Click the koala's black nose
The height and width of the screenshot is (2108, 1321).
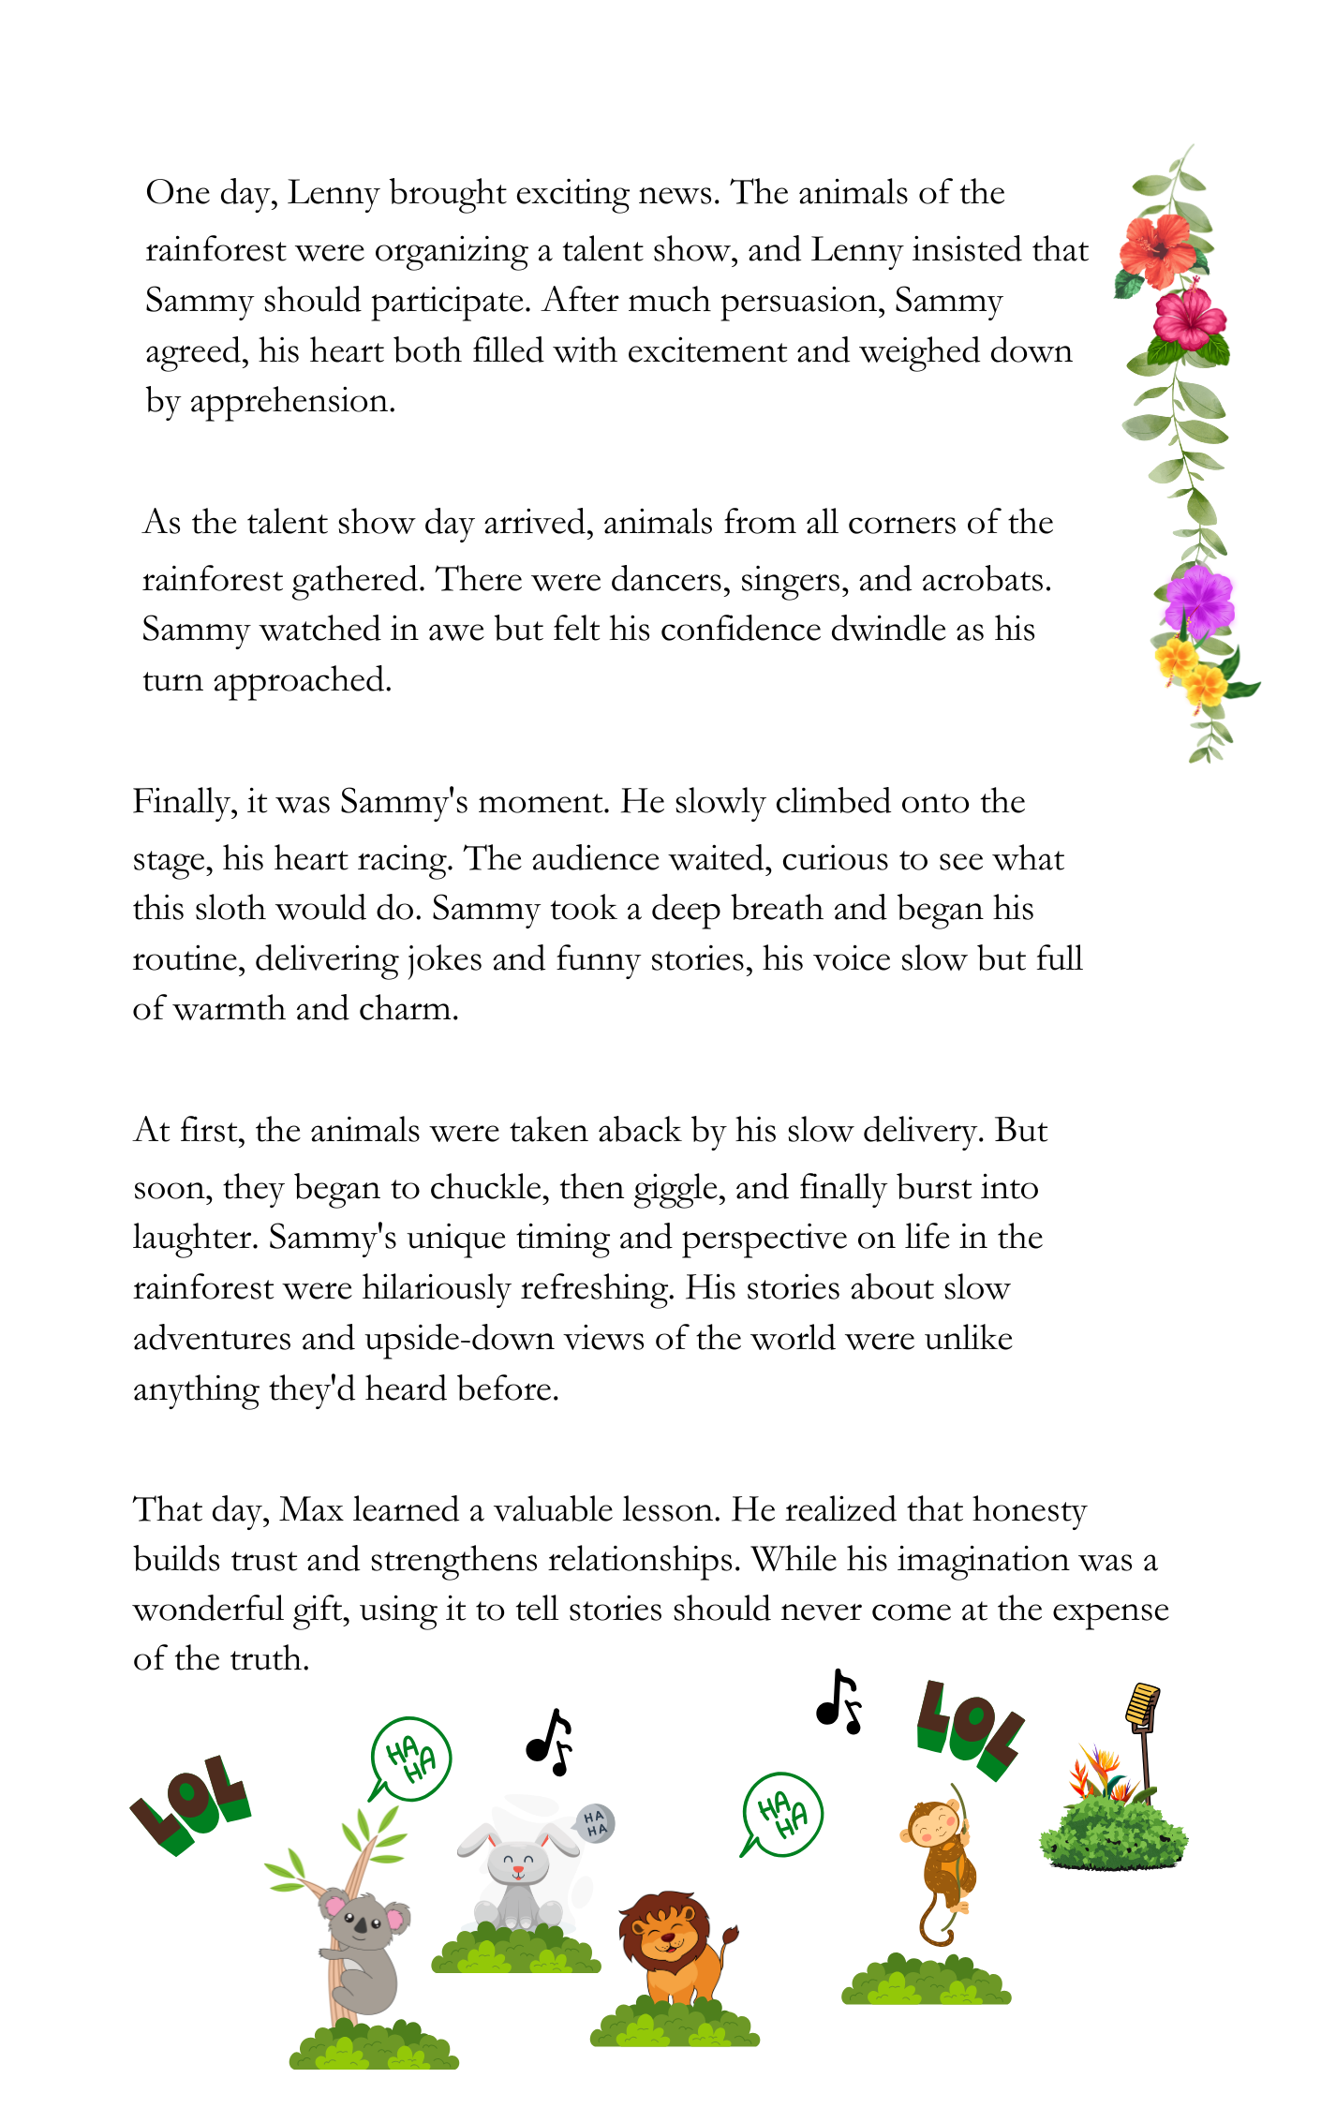point(361,1924)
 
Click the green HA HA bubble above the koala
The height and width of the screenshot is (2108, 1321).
point(411,1758)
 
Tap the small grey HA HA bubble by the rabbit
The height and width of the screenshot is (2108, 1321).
point(595,1823)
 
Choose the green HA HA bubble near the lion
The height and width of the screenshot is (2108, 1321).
point(782,1813)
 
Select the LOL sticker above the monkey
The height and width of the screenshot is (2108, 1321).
point(970,1729)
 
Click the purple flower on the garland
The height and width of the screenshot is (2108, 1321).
point(1198,601)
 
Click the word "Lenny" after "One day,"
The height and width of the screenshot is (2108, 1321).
point(334,193)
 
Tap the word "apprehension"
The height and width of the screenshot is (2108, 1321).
point(292,401)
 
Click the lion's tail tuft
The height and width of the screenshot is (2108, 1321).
point(730,1934)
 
